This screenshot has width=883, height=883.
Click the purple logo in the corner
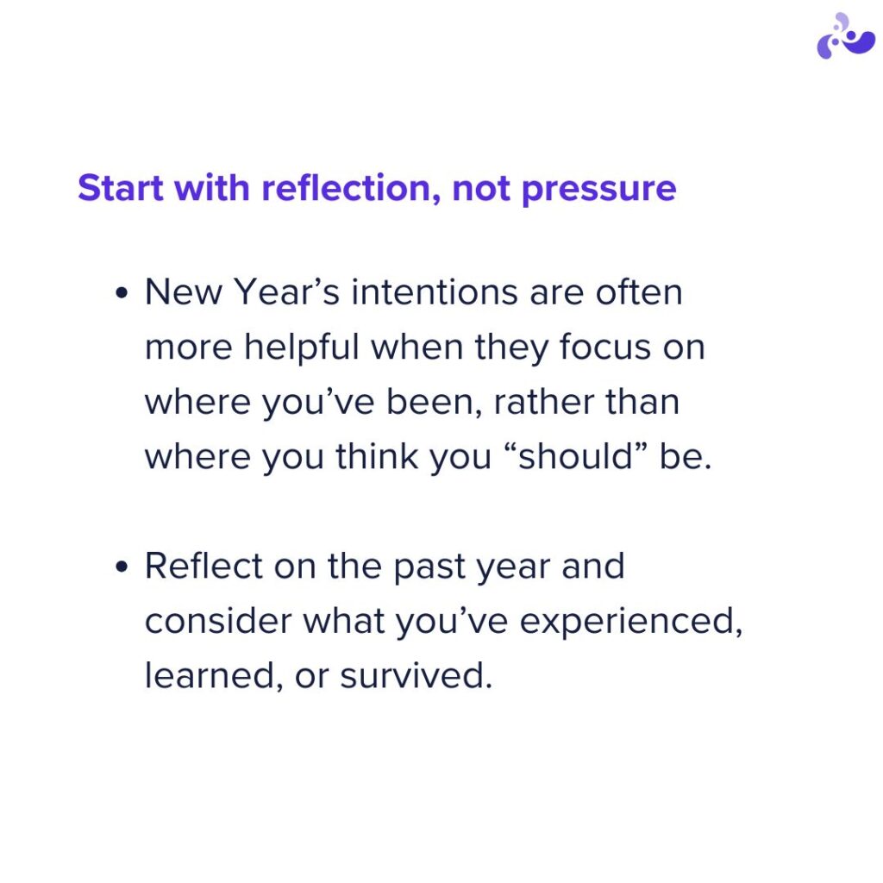[x=845, y=36]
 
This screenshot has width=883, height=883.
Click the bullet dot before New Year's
[x=122, y=293]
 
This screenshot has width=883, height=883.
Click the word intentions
[x=435, y=292]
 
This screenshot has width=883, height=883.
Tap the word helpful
[x=301, y=347]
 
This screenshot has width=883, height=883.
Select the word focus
[x=604, y=348]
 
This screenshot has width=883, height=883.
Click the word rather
[x=543, y=403]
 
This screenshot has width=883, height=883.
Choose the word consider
[x=218, y=621]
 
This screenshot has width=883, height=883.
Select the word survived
[x=416, y=675]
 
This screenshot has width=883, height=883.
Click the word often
[x=639, y=292]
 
